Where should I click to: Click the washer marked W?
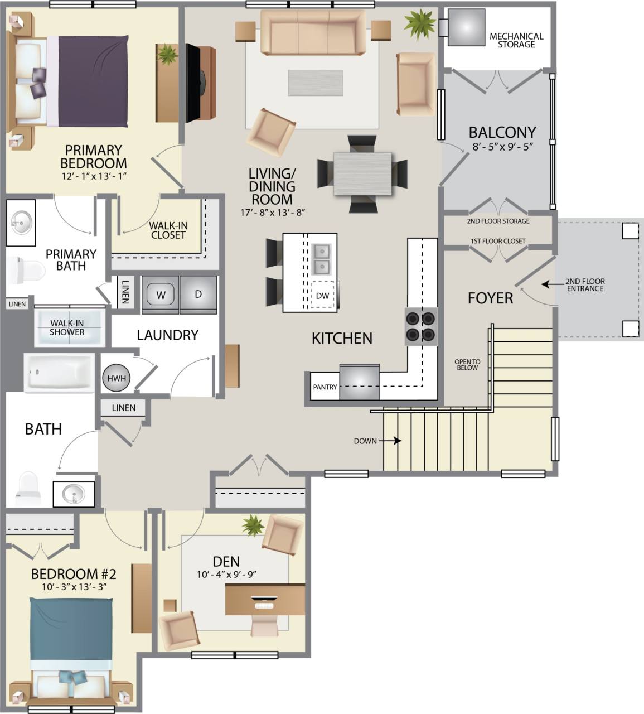(161, 295)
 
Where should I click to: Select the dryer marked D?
(198, 294)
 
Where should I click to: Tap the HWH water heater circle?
(117, 378)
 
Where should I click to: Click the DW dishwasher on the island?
(322, 296)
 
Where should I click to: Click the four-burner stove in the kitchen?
(420, 326)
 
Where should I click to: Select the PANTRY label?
(325, 387)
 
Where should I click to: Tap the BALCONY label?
(502, 132)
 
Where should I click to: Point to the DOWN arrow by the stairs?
(396, 441)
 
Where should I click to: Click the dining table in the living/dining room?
(362, 173)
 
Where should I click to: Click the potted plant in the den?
(253, 525)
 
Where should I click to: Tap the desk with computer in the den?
(265, 600)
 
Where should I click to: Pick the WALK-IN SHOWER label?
(67, 327)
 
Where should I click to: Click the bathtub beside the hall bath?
(59, 372)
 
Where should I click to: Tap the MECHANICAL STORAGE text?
(516, 40)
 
